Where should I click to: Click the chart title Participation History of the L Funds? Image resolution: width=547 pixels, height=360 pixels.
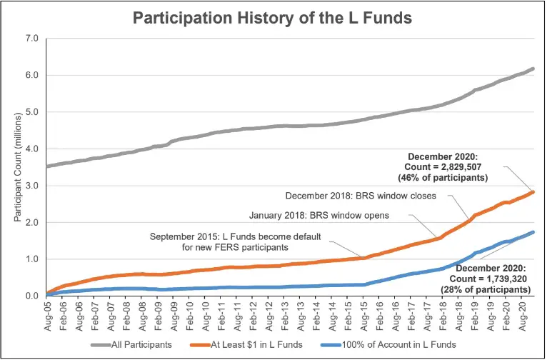coord(273,18)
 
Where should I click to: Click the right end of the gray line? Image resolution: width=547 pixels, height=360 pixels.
coord(533,69)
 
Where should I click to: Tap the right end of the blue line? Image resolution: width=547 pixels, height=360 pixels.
coord(533,232)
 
